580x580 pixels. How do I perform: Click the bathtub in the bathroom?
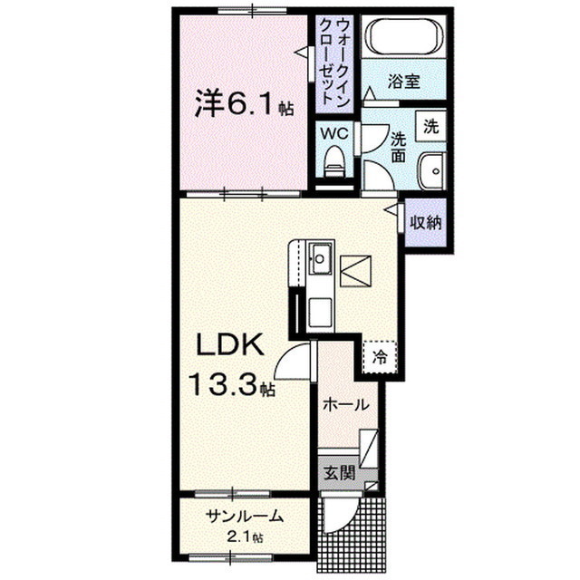[404, 36]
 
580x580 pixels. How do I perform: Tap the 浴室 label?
[403, 82]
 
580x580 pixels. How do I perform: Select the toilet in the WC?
[334, 162]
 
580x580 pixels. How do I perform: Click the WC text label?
[334, 133]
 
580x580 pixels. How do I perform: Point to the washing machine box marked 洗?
[430, 126]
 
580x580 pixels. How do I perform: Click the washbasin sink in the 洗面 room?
[431, 171]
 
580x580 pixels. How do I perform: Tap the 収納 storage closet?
[426, 223]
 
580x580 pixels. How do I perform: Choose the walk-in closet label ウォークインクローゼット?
[334, 62]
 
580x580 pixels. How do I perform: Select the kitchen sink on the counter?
[320, 258]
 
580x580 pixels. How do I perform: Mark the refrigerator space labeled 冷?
[380, 357]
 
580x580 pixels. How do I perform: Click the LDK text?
[230, 344]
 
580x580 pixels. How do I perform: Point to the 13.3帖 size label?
[232, 384]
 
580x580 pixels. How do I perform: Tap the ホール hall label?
[346, 405]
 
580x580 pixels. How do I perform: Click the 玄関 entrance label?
[340, 473]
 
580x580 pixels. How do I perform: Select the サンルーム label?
[245, 516]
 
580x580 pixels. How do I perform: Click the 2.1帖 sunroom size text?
[245, 536]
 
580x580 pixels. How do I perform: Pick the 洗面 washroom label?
[399, 147]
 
